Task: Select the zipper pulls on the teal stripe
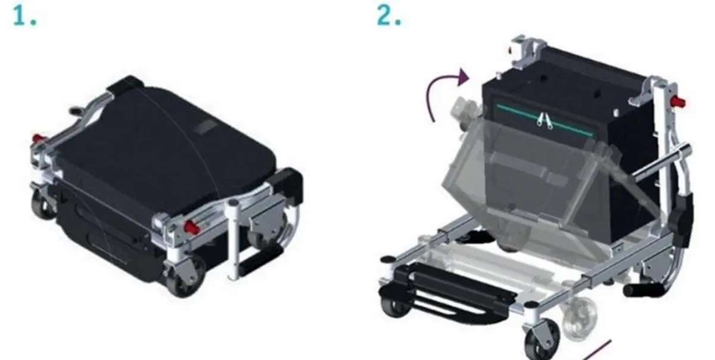[544, 121]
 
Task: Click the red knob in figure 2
[677, 103]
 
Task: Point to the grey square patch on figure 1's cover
[205, 127]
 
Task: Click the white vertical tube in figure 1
[234, 240]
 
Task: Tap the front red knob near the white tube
[191, 227]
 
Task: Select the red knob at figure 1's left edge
[38, 138]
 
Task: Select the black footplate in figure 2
[444, 292]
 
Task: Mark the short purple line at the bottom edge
[598, 350]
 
